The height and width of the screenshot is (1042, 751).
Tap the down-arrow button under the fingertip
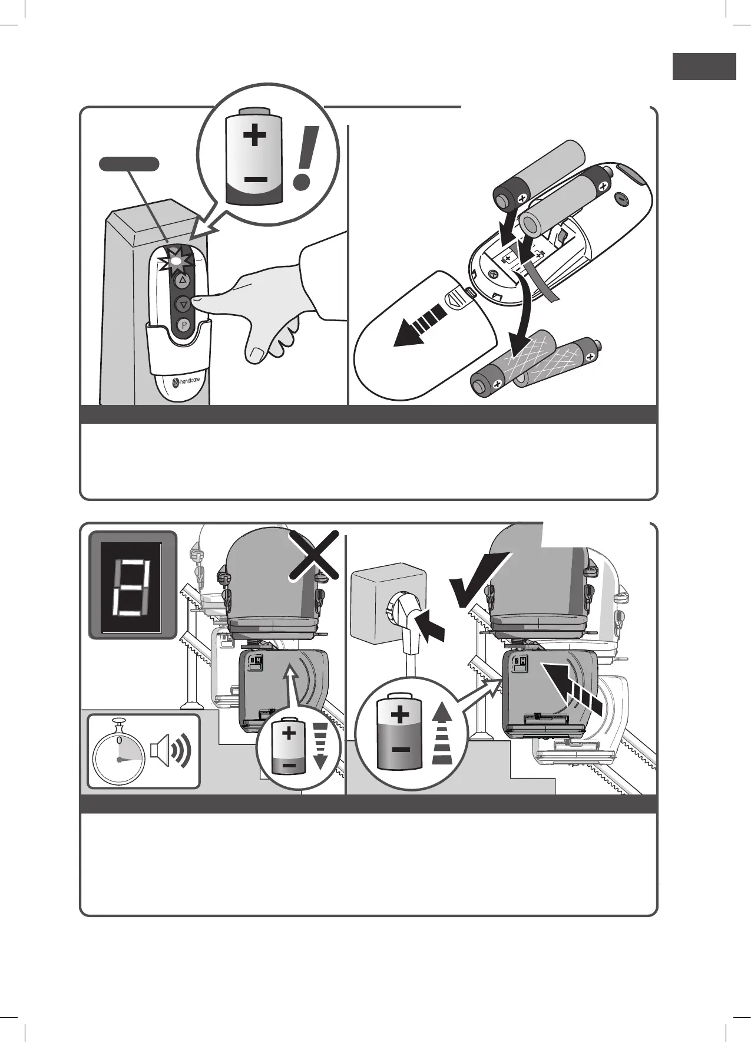coord(183,304)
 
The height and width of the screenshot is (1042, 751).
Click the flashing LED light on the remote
coord(176,260)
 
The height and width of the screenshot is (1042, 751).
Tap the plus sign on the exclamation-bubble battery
coord(254,136)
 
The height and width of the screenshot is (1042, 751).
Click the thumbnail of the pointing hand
coord(257,354)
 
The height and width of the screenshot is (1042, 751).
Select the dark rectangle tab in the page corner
coord(704,66)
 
